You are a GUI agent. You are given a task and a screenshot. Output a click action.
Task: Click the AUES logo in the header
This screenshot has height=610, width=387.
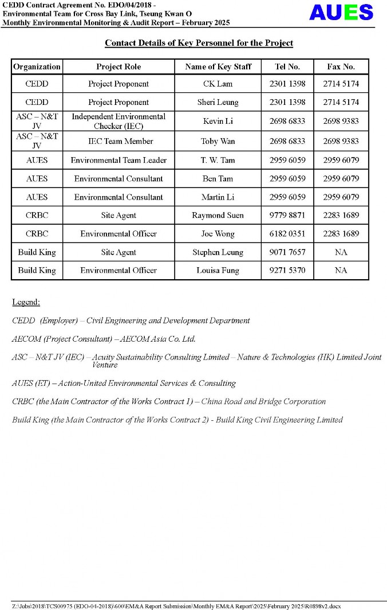(341, 12)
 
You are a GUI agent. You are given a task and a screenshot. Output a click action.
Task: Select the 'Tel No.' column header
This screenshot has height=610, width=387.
(287, 67)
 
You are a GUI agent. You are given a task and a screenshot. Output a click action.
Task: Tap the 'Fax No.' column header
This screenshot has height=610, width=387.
(341, 67)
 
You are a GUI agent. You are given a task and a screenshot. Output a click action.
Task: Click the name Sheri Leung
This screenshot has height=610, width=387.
(218, 102)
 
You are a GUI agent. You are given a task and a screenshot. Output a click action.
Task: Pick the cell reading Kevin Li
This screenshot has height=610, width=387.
(218, 121)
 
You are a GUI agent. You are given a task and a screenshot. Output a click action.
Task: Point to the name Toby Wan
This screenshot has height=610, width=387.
(218, 141)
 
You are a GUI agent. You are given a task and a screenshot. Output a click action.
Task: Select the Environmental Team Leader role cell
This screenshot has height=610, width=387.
(119, 160)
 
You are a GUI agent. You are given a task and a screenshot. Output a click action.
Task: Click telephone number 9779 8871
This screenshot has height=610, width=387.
(287, 215)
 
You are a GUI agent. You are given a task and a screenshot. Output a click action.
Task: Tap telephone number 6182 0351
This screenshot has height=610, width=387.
(287, 233)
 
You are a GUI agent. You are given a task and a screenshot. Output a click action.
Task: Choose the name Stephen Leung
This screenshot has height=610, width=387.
(218, 252)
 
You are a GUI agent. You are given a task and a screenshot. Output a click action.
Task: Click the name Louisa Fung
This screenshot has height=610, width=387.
(218, 270)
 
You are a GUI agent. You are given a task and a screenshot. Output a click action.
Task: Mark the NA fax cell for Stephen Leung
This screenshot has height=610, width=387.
(341, 252)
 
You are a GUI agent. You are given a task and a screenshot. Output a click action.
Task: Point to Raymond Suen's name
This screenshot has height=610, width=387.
(218, 215)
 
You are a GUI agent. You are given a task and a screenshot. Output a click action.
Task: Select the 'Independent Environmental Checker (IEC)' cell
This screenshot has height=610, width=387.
(119, 121)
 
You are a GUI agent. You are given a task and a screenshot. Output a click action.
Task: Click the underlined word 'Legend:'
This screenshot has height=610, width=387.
(26, 302)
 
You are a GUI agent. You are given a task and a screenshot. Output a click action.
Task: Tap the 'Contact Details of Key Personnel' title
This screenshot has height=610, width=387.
(199, 43)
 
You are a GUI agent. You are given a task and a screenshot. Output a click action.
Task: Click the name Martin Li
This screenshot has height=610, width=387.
(218, 197)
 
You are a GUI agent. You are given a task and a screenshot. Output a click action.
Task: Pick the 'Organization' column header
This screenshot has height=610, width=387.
(37, 67)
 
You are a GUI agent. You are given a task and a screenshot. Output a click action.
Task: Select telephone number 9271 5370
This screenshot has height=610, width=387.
(287, 270)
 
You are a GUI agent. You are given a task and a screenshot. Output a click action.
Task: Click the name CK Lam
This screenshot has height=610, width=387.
(218, 84)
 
